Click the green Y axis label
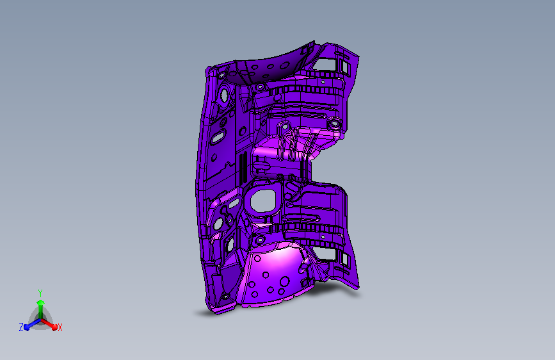pyautogui.click(x=40, y=293)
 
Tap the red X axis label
pyautogui.click(x=60, y=327)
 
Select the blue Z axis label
pyautogui.click(x=21, y=327)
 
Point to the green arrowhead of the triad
pyautogui.click(x=41, y=303)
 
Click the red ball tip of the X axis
pyautogui.click(x=54, y=327)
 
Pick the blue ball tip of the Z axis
pyautogui.click(x=26, y=327)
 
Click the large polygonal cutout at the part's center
pyautogui.click(x=263, y=201)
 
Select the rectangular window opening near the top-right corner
pyautogui.click(x=325, y=64)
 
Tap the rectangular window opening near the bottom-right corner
pyautogui.click(x=323, y=254)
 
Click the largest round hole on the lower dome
pyautogui.click(x=285, y=282)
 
